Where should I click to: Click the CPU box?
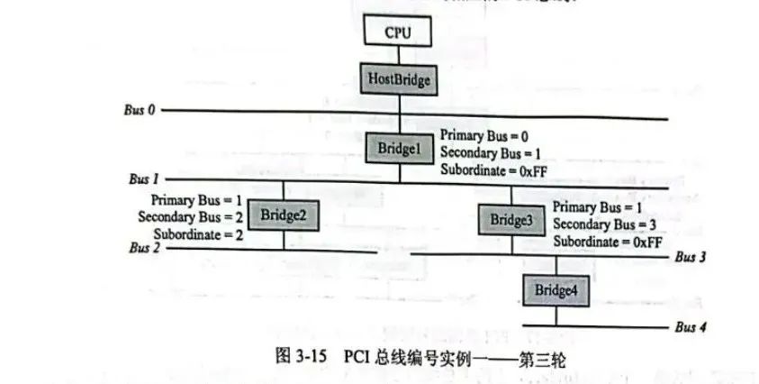(397, 32)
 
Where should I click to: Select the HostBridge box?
(397, 79)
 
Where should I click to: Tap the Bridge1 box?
(397, 147)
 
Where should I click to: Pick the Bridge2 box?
(284, 215)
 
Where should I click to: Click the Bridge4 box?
(555, 290)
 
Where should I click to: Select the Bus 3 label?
(690, 258)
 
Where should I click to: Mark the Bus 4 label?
(691, 327)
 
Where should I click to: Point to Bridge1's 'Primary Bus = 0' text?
(480, 135)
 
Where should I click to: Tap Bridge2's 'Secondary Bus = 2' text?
(190, 216)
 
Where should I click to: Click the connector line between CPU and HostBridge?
(397, 55)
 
